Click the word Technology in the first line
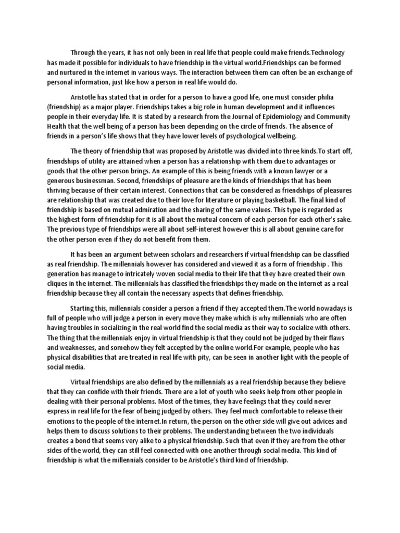tap(326, 53)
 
